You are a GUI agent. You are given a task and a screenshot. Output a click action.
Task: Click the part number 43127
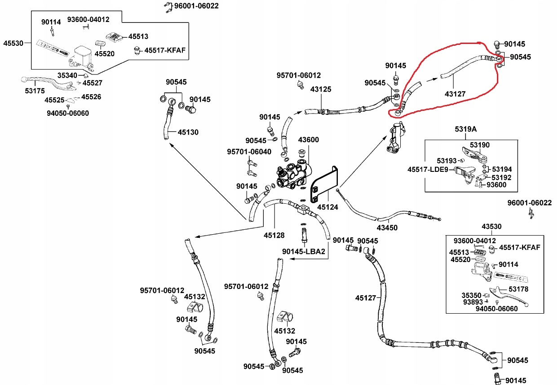(455, 94)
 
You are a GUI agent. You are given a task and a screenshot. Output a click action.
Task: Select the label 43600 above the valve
(308, 140)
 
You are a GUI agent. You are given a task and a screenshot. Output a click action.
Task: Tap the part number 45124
(328, 207)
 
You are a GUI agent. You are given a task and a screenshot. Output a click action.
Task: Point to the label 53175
(35, 91)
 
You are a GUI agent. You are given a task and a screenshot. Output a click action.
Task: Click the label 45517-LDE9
(428, 170)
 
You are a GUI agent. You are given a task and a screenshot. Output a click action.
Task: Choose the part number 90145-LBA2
(304, 251)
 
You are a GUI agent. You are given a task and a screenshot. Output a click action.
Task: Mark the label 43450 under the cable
(387, 227)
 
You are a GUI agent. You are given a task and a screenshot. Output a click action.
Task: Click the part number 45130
(188, 132)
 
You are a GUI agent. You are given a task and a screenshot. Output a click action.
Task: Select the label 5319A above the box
(465, 129)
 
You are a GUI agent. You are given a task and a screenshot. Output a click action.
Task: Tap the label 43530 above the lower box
(492, 227)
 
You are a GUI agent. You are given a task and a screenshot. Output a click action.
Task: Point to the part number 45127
(365, 297)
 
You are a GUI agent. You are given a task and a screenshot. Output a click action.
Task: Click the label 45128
(274, 235)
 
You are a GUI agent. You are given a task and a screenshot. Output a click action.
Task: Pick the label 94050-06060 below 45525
(68, 113)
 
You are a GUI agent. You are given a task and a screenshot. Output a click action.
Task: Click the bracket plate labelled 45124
(324, 184)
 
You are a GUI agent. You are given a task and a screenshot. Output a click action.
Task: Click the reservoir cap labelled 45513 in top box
(114, 37)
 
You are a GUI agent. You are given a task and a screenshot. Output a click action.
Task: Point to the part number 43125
(321, 89)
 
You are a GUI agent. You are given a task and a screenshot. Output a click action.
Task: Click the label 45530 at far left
(13, 44)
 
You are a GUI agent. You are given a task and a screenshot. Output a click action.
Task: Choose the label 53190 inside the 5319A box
(479, 145)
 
